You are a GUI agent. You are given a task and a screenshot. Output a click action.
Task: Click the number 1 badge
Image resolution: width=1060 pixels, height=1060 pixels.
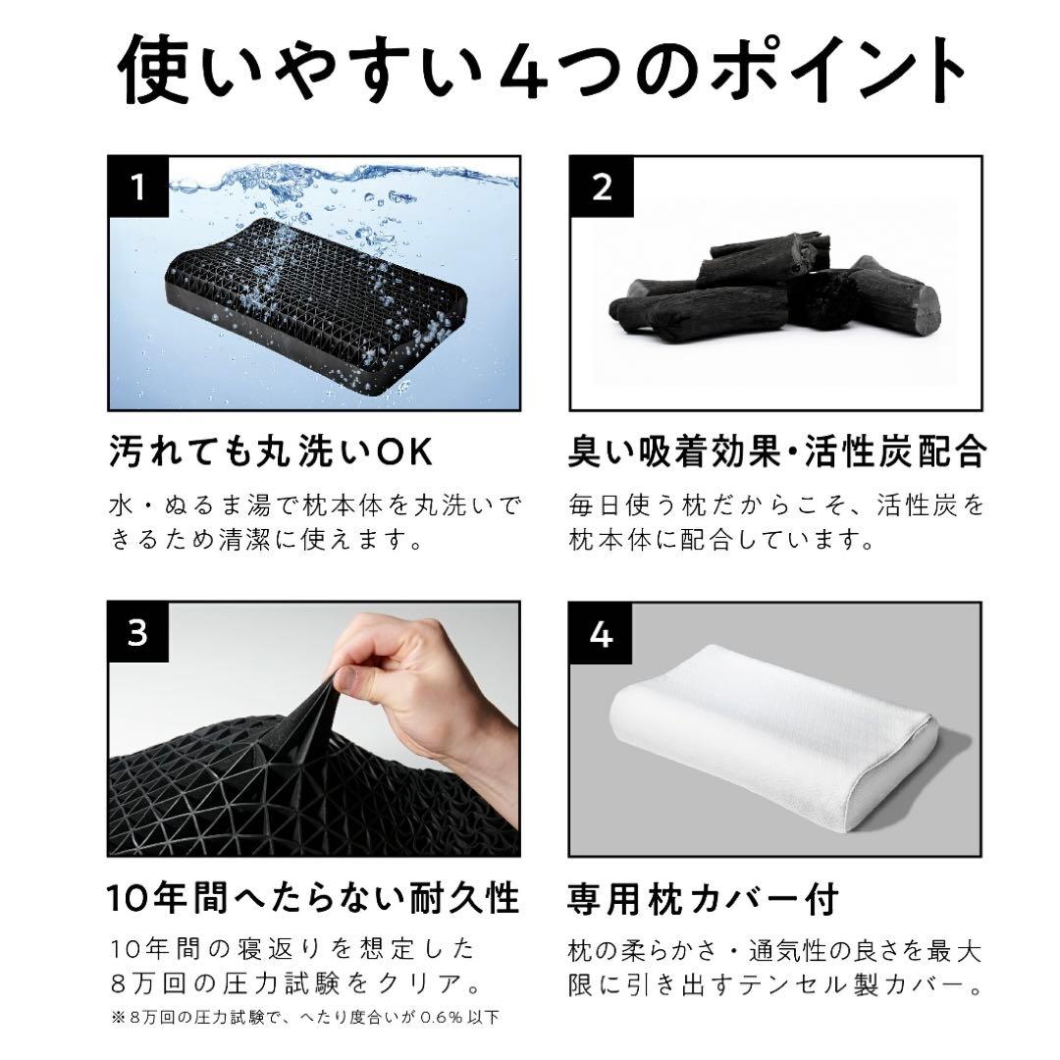coord(138,186)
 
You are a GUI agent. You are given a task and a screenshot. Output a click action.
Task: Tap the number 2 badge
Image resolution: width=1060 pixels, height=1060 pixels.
coord(601,186)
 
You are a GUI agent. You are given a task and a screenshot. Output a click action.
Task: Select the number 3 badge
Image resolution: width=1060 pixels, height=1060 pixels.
coord(138,633)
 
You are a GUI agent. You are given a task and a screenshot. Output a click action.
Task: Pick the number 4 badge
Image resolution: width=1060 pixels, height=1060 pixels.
coord(601,633)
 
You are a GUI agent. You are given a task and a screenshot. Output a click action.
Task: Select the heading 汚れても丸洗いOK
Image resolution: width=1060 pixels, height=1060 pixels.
coord(271,454)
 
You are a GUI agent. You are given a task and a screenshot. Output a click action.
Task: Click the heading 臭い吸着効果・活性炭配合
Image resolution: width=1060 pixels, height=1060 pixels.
coord(776,454)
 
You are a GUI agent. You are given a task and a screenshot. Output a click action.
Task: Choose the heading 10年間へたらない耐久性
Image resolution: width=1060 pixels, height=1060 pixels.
coord(312,898)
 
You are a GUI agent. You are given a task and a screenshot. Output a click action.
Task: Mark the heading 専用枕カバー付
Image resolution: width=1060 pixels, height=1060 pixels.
coord(703,898)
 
